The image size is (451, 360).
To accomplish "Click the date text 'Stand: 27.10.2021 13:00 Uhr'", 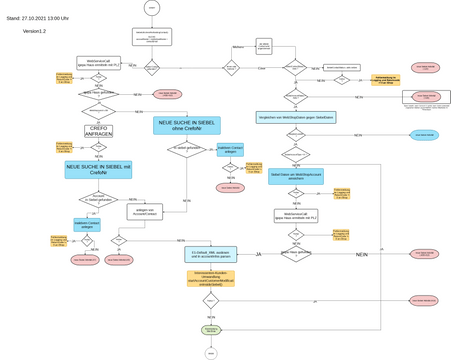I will click(x=37, y=18).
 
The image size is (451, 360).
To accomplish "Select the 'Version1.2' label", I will click(x=34, y=31).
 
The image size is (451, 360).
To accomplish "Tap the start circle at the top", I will click(x=152, y=8).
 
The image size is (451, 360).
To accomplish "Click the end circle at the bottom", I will click(x=211, y=353).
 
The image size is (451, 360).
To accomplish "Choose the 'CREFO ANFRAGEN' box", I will click(x=99, y=131).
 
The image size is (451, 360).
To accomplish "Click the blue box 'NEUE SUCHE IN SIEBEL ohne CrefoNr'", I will click(x=187, y=126).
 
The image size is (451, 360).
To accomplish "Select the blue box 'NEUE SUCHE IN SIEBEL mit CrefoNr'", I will click(x=98, y=170).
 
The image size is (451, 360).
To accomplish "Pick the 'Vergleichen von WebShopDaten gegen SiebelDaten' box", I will click(x=296, y=118).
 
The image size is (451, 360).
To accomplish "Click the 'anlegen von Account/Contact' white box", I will click(x=145, y=212).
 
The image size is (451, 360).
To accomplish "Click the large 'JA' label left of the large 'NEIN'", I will click(x=258, y=255).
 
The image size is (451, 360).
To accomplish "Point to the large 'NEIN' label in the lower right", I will click(x=361, y=255).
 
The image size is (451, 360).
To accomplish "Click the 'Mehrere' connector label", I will click(x=238, y=47).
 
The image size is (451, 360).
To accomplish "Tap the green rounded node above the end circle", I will click(x=211, y=329).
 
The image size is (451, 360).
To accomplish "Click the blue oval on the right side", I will click(x=424, y=135).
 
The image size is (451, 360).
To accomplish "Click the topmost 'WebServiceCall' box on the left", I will click(x=98, y=63).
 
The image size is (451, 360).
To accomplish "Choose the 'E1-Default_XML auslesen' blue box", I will click(x=211, y=255).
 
